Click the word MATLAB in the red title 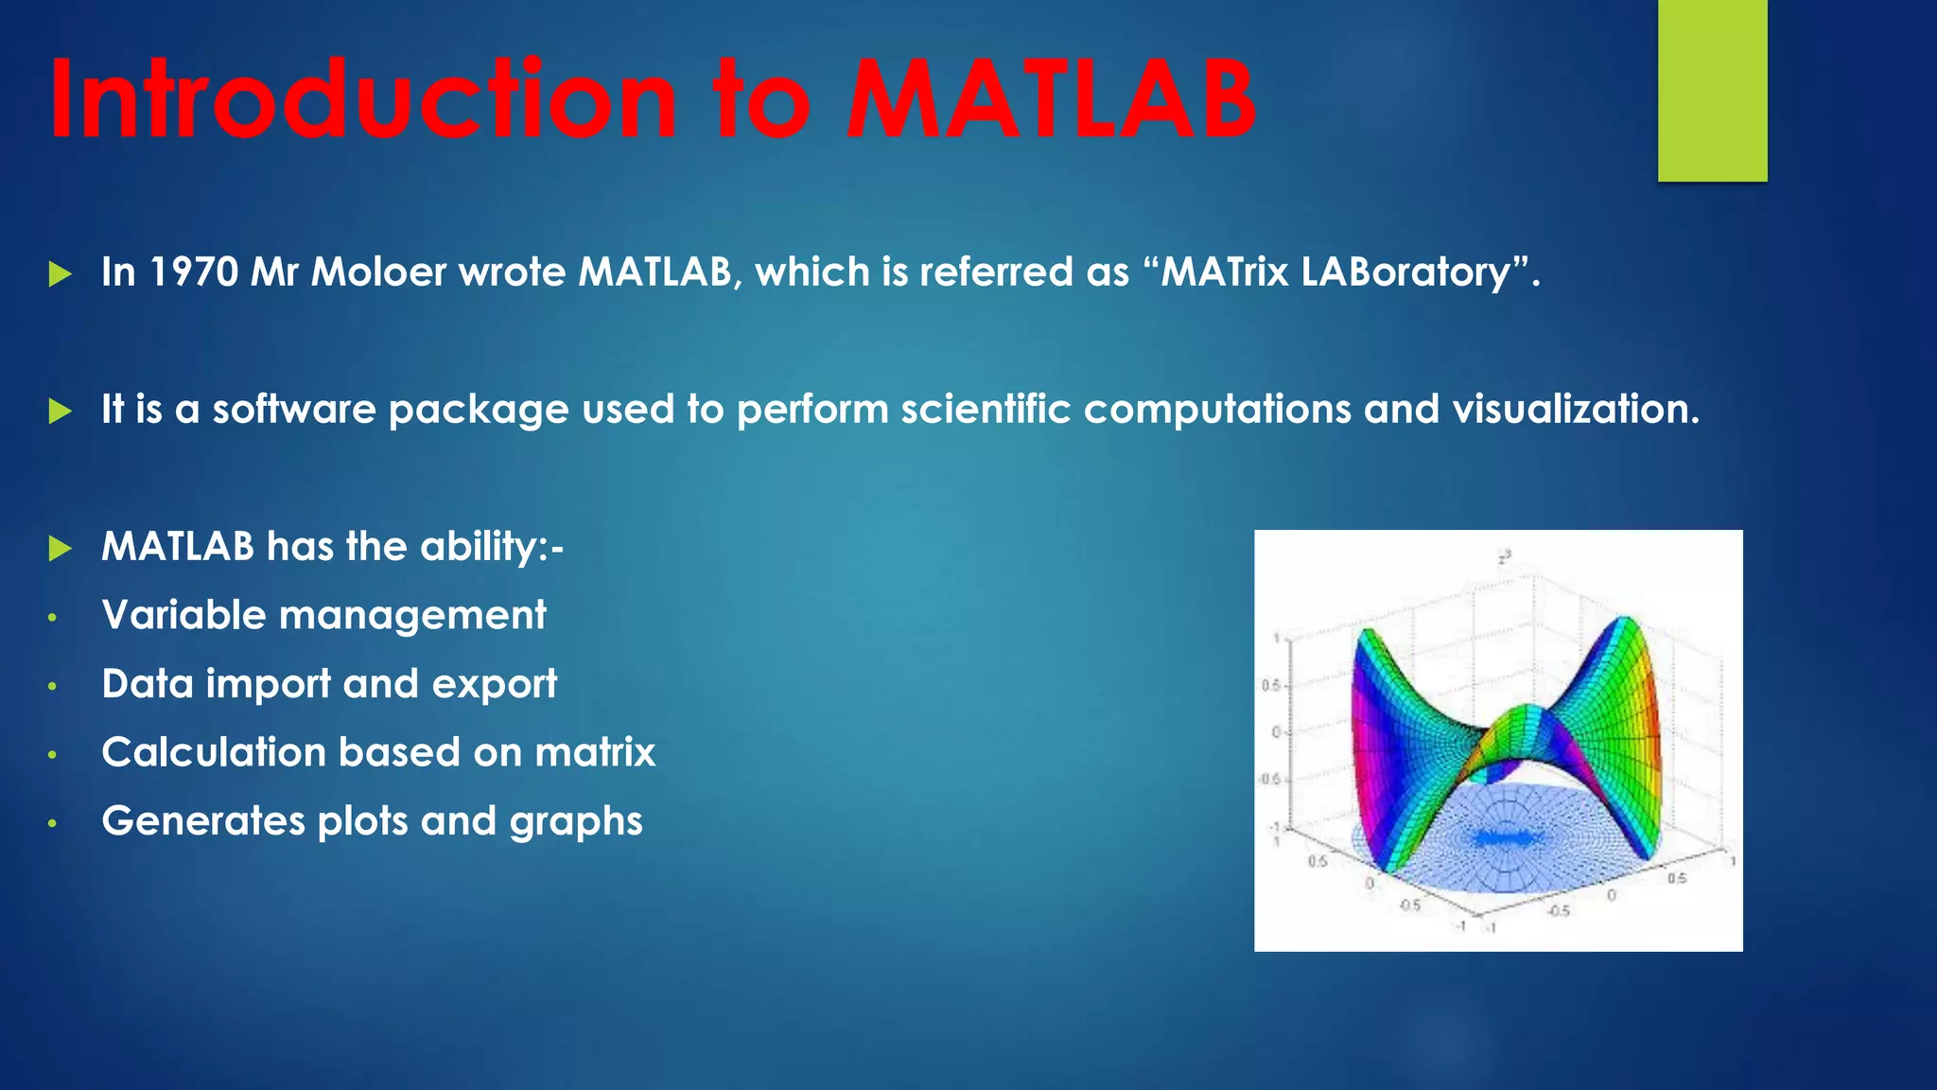[1050, 99]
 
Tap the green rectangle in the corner [1712, 90]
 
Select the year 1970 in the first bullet [194, 272]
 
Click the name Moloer [378, 272]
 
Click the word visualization [1576, 410]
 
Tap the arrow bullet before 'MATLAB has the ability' [60, 548]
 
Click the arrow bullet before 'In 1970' [60, 274]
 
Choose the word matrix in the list [595, 753]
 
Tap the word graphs [576, 822]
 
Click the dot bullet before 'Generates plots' [53, 824]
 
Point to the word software [293, 410]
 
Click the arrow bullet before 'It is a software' [60, 412]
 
